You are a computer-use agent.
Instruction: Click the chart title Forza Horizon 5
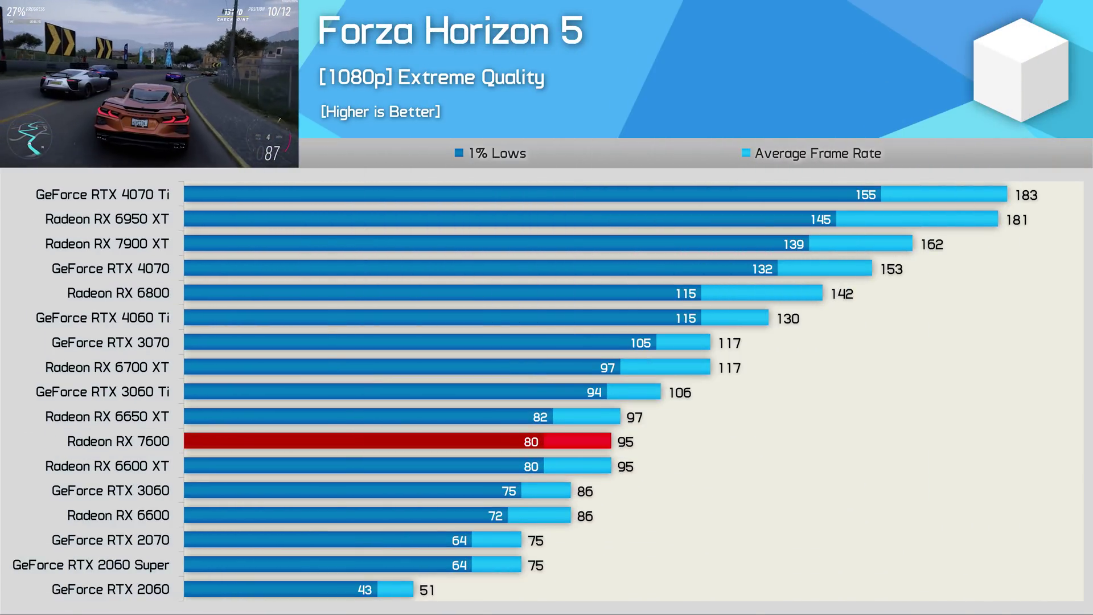tap(450, 31)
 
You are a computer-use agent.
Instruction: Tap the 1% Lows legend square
tap(459, 153)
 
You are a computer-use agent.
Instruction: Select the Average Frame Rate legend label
tap(817, 153)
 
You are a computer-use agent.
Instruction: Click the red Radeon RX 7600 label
tap(118, 441)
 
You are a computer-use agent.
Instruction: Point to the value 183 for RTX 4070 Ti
tap(1026, 195)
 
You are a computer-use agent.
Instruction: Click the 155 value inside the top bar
tap(865, 195)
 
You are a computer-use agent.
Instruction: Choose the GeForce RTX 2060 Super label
tap(91, 565)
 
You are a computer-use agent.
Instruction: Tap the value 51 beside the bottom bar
tap(426, 590)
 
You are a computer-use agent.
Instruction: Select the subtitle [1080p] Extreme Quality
tap(431, 77)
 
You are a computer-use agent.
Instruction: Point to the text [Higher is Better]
tap(380, 112)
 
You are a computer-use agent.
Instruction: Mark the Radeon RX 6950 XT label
tap(107, 219)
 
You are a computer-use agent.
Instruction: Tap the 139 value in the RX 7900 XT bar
tap(793, 244)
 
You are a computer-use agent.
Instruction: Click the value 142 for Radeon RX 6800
tap(841, 294)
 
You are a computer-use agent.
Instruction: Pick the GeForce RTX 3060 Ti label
tap(102, 392)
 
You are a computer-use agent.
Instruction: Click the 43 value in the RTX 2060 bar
tap(364, 590)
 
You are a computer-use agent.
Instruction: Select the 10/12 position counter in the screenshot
tap(278, 11)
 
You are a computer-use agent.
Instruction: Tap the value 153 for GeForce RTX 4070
tap(891, 269)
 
